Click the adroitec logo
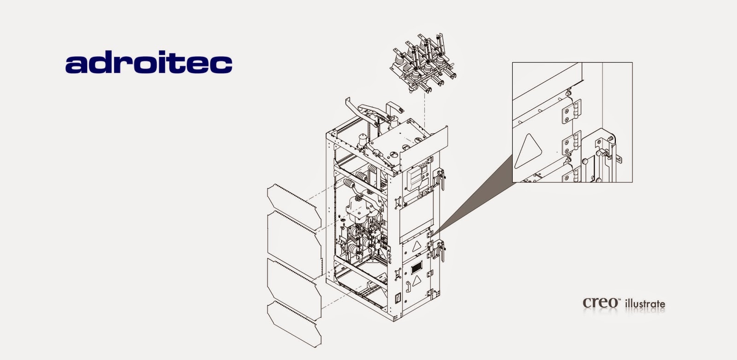tap(149, 64)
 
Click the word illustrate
tap(644, 303)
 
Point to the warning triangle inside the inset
tap(526, 150)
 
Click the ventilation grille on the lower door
tap(416, 267)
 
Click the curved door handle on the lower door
tap(407, 286)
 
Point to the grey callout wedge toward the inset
tap(474, 193)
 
